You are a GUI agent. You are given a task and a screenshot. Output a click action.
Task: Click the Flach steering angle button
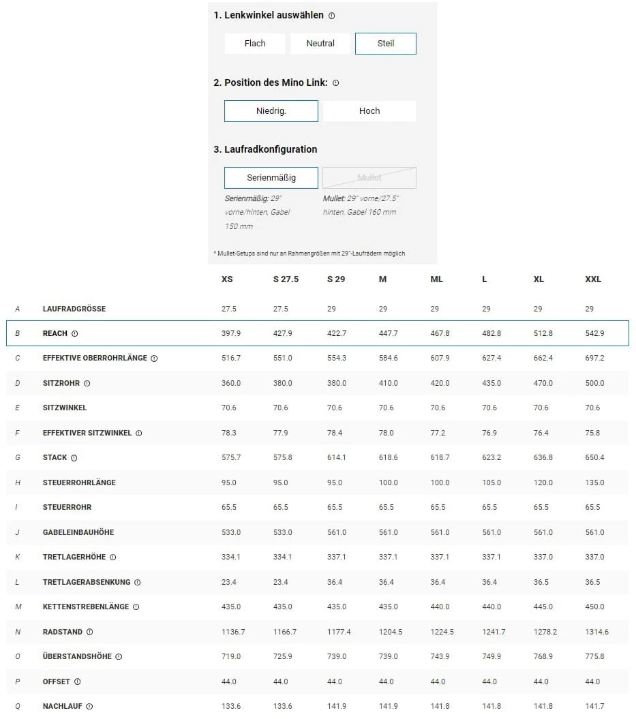(x=255, y=44)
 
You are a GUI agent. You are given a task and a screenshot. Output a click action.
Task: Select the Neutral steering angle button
(x=320, y=44)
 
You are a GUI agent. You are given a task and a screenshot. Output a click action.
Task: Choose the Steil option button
(x=386, y=44)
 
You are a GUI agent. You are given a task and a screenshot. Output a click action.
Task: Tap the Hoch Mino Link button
(x=369, y=111)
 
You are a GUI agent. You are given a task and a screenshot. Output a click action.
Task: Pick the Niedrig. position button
(x=271, y=111)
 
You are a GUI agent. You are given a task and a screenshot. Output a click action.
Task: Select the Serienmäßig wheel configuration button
(x=271, y=178)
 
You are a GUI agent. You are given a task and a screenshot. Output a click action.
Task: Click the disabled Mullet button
(x=369, y=178)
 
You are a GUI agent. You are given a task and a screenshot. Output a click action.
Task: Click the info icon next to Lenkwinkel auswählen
(x=332, y=16)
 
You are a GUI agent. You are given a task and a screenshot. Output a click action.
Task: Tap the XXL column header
(x=593, y=279)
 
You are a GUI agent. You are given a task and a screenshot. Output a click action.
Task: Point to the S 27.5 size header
(x=286, y=279)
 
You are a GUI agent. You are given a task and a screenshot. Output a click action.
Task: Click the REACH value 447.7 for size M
(x=388, y=333)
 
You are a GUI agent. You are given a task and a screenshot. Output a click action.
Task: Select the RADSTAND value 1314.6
(x=596, y=632)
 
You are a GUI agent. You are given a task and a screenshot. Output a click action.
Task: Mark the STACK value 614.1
(x=337, y=457)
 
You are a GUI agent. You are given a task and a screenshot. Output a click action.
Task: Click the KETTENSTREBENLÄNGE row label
(x=86, y=607)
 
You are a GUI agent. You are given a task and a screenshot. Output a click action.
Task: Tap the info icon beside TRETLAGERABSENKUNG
(x=137, y=582)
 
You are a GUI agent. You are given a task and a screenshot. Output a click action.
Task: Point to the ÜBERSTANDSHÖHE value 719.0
(x=231, y=656)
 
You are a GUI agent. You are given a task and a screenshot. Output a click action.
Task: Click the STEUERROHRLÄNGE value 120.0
(x=543, y=483)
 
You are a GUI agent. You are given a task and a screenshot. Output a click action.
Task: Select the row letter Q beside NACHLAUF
(x=18, y=706)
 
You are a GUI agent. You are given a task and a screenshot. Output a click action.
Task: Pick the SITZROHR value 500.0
(x=594, y=383)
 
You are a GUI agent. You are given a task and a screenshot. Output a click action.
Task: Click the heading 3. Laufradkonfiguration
(x=265, y=149)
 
